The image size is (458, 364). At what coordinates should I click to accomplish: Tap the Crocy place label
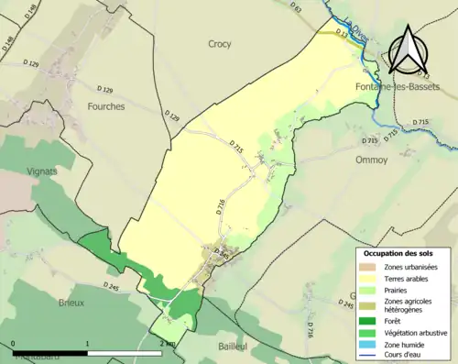[x=220, y=43]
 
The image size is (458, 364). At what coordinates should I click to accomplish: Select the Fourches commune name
[x=106, y=105]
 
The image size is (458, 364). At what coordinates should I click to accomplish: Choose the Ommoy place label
[x=371, y=159]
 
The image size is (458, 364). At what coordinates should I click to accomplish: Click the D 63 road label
[x=296, y=7]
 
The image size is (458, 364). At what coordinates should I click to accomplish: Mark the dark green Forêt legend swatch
[x=369, y=320]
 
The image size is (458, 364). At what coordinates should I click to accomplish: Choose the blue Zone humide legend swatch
[x=369, y=344]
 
